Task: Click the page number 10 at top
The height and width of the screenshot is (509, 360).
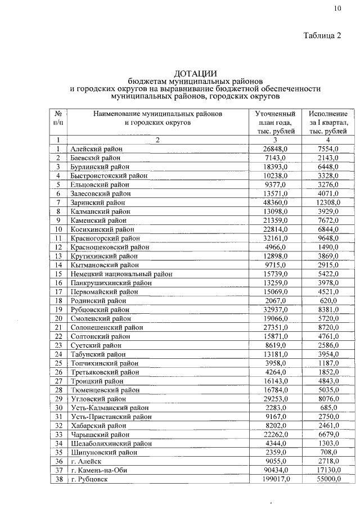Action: [x=337, y=8]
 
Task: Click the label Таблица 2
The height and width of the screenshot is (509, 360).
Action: [x=322, y=37]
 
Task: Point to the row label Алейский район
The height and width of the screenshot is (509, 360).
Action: [x=96, y=148]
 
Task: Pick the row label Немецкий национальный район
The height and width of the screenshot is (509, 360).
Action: [x=121, y=274]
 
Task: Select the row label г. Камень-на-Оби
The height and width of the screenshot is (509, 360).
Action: [x=99, y=470]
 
